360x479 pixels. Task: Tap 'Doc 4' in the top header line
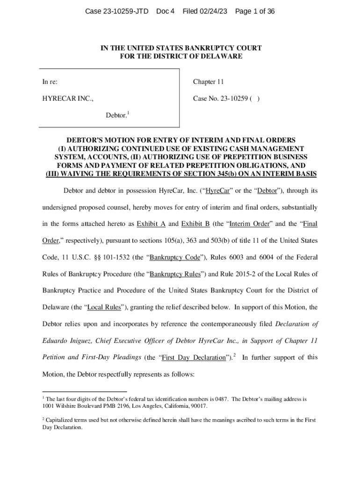click(x=165, y=11)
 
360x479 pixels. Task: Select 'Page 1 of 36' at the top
click(x=254, y=11)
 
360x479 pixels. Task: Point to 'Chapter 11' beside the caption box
click(x=209, y=82)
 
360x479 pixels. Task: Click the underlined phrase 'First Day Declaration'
click(x=193, y=358)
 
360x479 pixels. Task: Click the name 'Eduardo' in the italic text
click(x=56, y=341)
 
